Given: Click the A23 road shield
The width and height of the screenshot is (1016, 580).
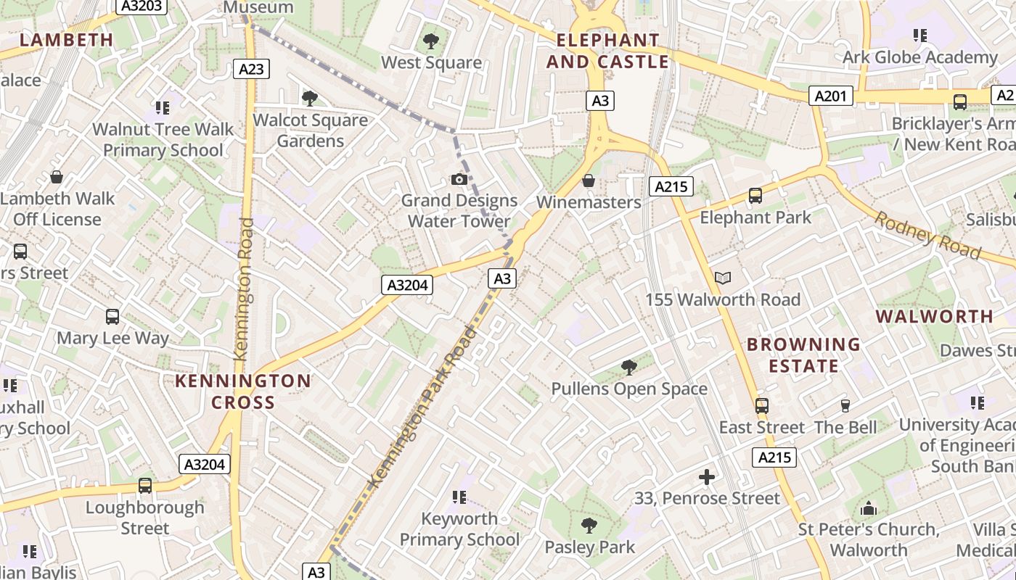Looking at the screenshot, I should (x=252, y=69).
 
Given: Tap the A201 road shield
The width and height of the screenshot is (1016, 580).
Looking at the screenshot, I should (x=831, y=96).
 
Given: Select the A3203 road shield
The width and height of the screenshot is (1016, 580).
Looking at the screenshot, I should (x=143, y=5).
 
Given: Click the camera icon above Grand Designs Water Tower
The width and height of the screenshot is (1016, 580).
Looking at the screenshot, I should (x=459, y=179).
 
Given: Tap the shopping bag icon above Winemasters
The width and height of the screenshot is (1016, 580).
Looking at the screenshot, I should (x=589, y=180).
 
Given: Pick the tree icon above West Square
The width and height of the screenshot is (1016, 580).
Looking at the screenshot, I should (x=431, y=41).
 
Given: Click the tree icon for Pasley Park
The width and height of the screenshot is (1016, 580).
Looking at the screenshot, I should (x=589, y=525).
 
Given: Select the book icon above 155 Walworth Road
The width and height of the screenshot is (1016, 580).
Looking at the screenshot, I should (x=723, y=278).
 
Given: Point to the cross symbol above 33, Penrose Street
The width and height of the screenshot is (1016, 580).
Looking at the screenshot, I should (x=707, y=476).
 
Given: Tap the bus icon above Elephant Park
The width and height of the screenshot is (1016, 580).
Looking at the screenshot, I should (x=755, y=195).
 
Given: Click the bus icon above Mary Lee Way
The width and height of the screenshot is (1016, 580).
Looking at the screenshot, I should (x=112, y=316).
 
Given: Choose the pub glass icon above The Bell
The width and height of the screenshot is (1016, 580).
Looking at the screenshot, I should (x=845, y=405).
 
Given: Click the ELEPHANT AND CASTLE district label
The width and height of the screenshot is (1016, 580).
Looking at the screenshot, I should (x=607, y=51).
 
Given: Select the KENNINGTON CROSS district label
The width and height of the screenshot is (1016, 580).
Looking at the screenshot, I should (x=243, y=391).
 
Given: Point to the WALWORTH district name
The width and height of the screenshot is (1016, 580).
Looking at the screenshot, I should (x=934, y=316).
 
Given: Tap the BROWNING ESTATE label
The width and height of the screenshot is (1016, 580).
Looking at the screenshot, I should (x=803, y=355).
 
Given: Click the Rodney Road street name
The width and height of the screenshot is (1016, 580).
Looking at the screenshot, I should (x=927, y=235).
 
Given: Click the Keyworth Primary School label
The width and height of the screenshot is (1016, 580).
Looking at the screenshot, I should (x=460, y=529).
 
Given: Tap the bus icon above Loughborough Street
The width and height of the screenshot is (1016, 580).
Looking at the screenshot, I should (x=145, y=485).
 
